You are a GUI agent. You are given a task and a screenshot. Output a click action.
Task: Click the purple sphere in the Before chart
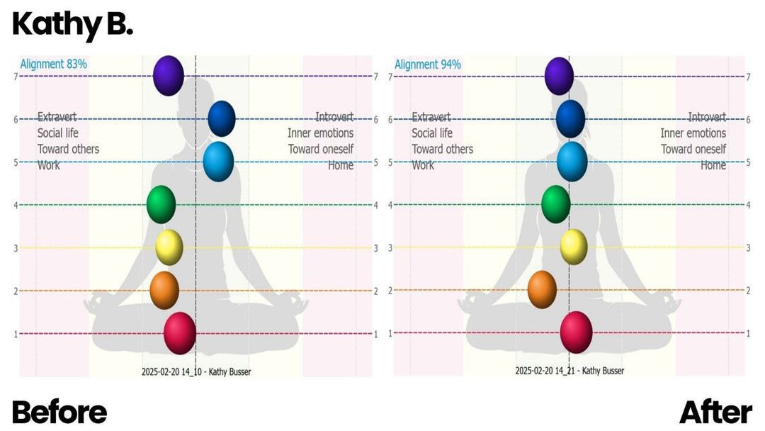[169, 75]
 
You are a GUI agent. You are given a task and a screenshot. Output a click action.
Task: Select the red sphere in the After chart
[576, 332]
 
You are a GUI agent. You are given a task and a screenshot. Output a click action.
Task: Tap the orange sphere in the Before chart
[164, 290]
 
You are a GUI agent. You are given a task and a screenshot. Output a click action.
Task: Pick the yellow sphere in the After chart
[574, 247]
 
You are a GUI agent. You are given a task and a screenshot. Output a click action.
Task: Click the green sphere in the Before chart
[161, 204]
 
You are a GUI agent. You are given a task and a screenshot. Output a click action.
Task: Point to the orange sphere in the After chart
[542, 289]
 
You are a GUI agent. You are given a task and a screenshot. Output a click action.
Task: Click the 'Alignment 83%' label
[54, 64]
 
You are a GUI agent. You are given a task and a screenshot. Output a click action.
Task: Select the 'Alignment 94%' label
[428, 65]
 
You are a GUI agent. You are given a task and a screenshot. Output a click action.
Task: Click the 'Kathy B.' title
[72, 26]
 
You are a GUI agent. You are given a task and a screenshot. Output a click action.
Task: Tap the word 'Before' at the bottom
[59, 412]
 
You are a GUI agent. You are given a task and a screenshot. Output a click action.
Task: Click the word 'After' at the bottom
[715, 412]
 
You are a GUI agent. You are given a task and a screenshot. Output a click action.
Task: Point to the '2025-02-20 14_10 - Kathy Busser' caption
[195, 371]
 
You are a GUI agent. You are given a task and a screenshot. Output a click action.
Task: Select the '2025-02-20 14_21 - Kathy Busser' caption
[569, 370]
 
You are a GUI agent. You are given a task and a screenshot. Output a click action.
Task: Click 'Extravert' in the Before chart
[57, 117]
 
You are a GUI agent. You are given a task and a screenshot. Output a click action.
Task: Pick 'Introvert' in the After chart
[706, 117]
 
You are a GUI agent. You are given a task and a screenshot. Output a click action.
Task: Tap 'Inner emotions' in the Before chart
[320, 133]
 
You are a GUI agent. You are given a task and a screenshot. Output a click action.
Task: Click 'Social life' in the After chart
[432, 133]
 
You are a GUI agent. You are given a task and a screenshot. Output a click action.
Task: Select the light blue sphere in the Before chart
[218, 161]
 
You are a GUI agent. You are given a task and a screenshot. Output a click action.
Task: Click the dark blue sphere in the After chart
[570, 118]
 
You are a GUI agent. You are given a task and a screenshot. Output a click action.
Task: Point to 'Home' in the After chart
[713, 165]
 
